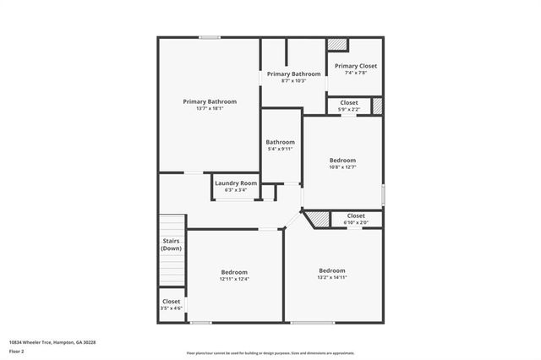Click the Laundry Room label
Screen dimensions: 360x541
236,183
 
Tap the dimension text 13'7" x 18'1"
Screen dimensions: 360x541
210,108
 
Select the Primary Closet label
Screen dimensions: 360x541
356,66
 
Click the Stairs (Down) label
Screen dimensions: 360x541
172,245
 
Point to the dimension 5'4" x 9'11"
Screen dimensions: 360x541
281,149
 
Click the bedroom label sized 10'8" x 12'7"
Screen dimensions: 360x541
342,160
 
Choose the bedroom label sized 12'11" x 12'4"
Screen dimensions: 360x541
234,272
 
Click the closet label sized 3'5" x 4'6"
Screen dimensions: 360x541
172,301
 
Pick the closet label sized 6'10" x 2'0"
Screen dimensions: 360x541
356,215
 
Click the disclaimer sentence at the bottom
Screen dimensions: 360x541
270,353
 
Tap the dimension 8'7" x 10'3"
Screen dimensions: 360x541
294,81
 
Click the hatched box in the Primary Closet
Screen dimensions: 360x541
337,45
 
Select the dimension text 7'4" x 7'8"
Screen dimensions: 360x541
356,73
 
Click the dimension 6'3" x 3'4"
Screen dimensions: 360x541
236,190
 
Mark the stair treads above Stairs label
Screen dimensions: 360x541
172,224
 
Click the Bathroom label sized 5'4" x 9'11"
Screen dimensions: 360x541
281,142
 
